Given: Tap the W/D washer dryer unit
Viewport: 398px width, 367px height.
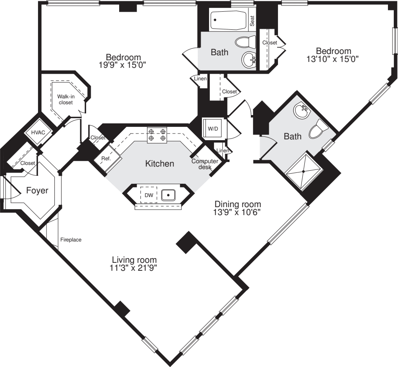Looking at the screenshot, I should click(213, 128).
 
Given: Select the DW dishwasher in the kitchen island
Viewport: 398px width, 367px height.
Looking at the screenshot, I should click(149, 195).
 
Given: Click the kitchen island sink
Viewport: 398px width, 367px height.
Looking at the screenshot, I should click(168, 195).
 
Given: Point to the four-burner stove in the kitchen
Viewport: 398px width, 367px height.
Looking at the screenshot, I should click(157, 134).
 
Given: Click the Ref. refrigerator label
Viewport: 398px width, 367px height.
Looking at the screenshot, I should click(105, 159).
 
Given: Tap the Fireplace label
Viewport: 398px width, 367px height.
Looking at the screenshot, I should click(71, 240).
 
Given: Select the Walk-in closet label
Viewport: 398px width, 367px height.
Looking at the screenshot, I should click(66, 99).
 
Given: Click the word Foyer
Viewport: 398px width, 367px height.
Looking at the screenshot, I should click(37, 191).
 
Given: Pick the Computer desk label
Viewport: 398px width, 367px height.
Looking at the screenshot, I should click(202, 164).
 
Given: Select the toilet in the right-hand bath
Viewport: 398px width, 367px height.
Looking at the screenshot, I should click(318, 130).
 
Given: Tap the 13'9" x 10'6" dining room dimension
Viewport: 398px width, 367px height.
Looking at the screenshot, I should click(237, 212).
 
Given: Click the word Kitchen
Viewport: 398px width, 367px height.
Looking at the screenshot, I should click(159, 164).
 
